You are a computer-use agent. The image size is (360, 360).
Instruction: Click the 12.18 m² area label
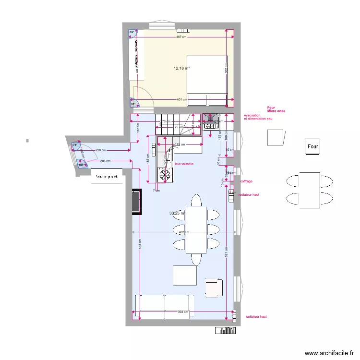pos(181,68)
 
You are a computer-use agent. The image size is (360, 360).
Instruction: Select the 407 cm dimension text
pos(181,37)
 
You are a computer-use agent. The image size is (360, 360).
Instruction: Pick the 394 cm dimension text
pos(183,312)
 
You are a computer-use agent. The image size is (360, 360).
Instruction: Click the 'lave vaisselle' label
pos(184,164)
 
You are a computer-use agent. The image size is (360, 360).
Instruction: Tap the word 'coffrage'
pos(246,181)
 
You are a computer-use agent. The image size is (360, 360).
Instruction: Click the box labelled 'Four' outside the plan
pos(312,146)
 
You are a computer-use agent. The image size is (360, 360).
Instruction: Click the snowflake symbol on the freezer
pos(165,177)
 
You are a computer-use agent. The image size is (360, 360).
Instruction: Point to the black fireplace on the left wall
pos(136,202)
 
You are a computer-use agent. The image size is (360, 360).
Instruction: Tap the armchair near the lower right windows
pos(214,288)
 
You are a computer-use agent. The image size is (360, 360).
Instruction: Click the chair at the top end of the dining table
pos(196,200)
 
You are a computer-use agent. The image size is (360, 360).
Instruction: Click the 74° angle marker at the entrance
pos(75,144)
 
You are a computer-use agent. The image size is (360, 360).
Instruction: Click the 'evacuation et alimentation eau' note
pos(258,117)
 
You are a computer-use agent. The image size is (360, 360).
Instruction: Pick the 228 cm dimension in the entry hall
pos(101,151)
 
